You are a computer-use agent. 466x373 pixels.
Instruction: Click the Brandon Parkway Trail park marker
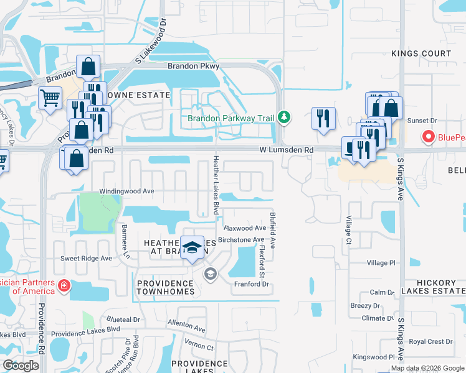284,117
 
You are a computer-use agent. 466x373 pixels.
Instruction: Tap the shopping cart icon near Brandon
50,97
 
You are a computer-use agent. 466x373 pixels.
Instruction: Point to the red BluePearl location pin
429,136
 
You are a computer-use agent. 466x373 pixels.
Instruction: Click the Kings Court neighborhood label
421,53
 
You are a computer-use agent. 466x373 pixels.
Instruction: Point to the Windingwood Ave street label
126,191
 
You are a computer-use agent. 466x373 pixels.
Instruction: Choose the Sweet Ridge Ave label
85,258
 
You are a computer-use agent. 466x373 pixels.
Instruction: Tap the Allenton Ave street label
186,325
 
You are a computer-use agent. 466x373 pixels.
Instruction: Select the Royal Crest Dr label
430,341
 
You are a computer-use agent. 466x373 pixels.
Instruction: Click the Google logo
21,366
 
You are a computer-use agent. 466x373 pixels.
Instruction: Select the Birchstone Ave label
241,240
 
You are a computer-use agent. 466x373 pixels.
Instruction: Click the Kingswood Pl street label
374,357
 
